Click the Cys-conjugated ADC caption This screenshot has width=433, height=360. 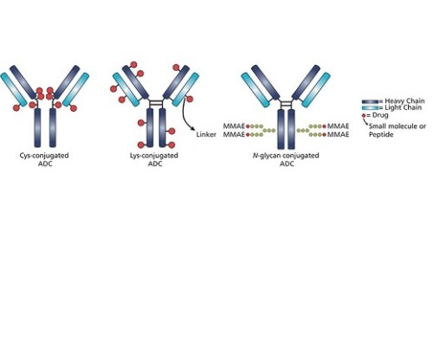44,159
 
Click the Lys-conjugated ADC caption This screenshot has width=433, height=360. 154,159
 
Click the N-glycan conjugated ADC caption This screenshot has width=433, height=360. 286,159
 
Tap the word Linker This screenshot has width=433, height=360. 206,134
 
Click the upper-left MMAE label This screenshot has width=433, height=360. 234,126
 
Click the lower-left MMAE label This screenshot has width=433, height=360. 234,134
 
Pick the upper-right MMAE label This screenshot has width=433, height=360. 338,126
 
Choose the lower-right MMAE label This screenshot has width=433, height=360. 338,134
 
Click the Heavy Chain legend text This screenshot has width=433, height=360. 404,101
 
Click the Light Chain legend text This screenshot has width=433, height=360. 404,107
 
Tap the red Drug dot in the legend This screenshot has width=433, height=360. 364,116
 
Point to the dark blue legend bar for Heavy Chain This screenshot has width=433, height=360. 371,101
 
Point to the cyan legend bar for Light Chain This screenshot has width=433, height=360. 371,108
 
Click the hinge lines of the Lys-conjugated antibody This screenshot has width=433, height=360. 156,103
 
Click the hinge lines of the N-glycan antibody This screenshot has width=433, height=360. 286,103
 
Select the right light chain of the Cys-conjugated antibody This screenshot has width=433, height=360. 75,89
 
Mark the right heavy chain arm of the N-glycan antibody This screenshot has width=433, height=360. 307,82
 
